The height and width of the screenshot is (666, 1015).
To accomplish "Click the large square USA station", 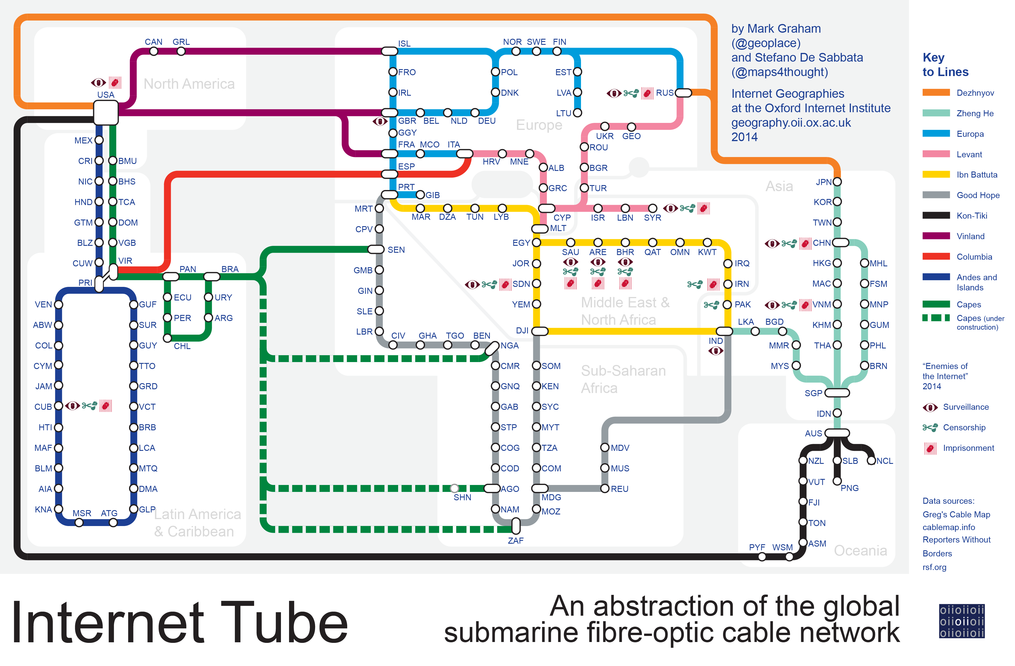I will (x=106, y=112).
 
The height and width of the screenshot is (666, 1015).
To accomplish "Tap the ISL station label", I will (x=404, y=43).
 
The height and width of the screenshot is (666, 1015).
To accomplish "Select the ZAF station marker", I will (x=516, y=526).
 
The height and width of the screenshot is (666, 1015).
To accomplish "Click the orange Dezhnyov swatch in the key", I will (x=936, y=93).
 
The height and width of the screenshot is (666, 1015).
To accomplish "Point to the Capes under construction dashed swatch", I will (x=936, y=318).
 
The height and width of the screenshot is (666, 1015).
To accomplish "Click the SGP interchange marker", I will (x=837, y=393).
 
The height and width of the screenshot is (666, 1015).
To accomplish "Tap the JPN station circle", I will (x=837, y=182).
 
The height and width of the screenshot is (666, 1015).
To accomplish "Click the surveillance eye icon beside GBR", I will (x=380, y=121).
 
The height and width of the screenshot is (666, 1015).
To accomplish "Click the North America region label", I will (x=189, y=84).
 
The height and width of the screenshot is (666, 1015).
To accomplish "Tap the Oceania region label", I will (x=860, y=550).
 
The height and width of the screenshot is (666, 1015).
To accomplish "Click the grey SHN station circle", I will (x=455, y=488).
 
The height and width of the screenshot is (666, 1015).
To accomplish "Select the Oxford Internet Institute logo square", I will (x=962, y=621).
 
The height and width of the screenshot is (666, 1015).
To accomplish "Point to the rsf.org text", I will (x=934, y=567).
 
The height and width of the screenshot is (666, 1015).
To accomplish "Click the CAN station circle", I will (x=154, y=51).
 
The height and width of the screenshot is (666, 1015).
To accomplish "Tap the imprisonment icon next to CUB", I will (x=106, y=406).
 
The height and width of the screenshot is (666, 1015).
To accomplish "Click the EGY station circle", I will (x=536, y=243).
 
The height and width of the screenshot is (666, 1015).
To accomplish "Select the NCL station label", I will (x=885, y=461).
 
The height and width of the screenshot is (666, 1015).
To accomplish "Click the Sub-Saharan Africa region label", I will (x=623, y=379).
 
